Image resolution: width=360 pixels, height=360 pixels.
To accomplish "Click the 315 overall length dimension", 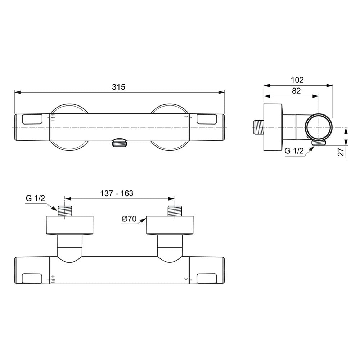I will tap(118, 87).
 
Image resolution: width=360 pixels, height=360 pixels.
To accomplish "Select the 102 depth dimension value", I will tap(297, 80).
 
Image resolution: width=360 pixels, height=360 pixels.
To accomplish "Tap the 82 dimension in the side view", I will tap(296, 91).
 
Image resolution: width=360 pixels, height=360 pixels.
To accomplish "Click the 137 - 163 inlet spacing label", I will tap(117, 193).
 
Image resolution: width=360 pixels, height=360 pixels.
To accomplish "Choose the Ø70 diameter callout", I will tap(129, 219).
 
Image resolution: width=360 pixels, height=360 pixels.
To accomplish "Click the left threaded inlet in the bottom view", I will tap(64, 211).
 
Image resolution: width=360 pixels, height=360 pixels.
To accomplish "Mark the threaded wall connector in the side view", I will tap(257, 127).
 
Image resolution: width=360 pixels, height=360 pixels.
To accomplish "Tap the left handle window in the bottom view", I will tap(32, 278).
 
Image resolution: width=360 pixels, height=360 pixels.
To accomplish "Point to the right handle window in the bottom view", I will tap(207, 278).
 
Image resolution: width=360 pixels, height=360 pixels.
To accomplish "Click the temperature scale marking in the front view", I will tap(53, 118).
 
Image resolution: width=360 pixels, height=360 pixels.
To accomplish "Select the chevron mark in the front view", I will tap(186, 117).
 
